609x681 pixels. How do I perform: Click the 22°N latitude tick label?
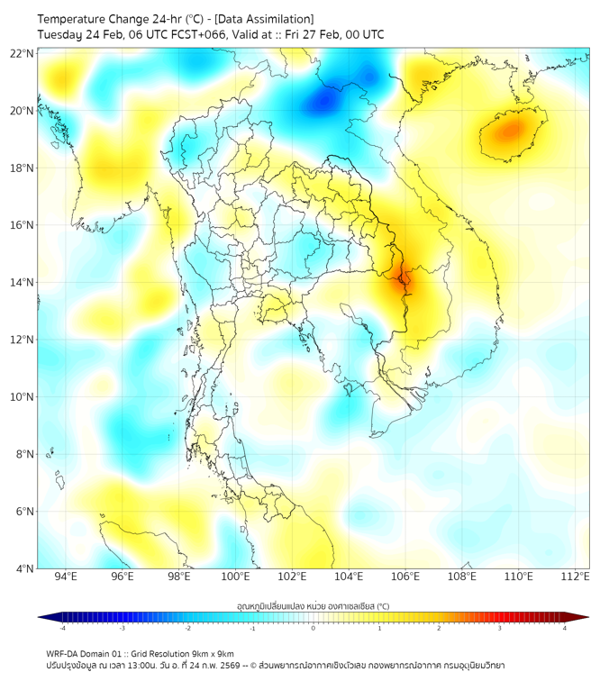pos(23,53)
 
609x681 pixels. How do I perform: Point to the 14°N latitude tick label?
pos(23,283)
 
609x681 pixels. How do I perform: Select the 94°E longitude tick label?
pos(66,577)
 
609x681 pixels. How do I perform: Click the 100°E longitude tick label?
pos(235,577)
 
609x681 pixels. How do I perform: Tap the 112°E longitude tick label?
pos(576,577)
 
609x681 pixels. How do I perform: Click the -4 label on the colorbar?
pos(61,628)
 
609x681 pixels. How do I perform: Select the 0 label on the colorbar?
pos(314,628)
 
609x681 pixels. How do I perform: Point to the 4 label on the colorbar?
pos(565,628)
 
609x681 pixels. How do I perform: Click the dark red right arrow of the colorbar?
pos(583,617)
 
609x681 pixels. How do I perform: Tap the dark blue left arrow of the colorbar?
pos(43,617)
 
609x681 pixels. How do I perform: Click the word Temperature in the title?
pos(75,19)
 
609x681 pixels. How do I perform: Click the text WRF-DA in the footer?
pos(65,653)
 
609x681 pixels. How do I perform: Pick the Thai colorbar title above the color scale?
pos(313,606)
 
